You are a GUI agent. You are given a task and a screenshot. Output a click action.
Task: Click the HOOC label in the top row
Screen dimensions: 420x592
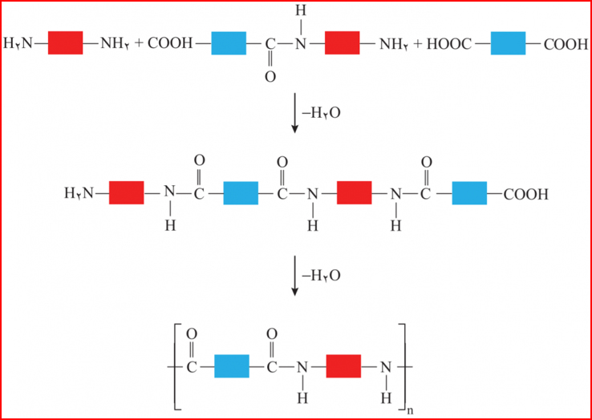448,43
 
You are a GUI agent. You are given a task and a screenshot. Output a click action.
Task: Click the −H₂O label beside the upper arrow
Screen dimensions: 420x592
321,113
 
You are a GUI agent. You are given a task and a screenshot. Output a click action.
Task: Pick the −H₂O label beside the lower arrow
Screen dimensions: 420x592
321,275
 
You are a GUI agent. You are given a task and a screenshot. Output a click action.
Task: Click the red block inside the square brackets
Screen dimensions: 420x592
343,366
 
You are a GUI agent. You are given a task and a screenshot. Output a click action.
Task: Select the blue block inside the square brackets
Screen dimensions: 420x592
231,366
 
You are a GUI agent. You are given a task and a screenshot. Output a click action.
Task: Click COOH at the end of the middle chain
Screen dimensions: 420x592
526,194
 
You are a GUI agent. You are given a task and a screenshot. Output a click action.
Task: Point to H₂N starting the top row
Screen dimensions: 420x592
18,43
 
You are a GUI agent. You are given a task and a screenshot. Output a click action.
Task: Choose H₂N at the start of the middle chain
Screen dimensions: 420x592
79,194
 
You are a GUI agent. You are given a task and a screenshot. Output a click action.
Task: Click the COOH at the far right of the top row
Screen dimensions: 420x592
566,43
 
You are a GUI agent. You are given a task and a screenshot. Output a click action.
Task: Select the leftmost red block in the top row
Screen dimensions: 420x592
65,43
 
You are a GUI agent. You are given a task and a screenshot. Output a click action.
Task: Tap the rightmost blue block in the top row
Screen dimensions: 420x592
508,43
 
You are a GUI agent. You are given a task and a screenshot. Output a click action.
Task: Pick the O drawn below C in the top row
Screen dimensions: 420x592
270,77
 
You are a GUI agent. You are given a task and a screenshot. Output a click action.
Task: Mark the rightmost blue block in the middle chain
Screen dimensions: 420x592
469,194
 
